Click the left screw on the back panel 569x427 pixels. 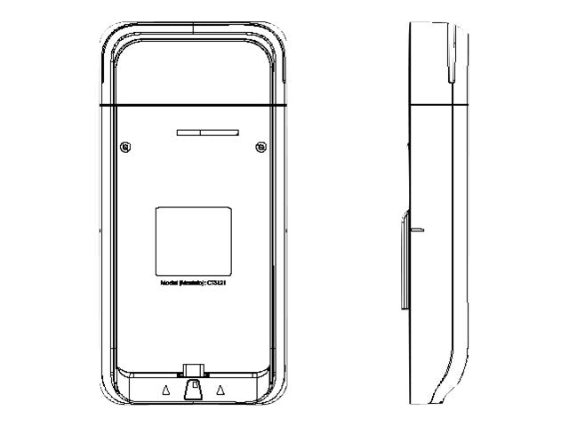click(x=126, y=147)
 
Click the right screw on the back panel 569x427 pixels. click(x=260, y=147)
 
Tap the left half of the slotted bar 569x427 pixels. click(x=188, y=132)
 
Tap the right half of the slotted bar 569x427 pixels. click(x=219, y=132)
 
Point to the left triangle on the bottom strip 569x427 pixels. click(x=165, y=390)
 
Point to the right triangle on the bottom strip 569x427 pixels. click(x=220, y=390)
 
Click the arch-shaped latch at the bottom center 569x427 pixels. click(x=193, y=390)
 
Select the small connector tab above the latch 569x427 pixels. click(x=193, y=368)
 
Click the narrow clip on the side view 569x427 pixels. click(x=405, y=258)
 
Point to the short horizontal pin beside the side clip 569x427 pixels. click(x=418, y=230)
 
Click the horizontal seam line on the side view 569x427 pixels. click(x=436, y=105)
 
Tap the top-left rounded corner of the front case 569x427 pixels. click(x=108, y=36)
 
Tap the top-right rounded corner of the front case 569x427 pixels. click(x=279, y=36)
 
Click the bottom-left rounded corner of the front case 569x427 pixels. click(x=108, y=395)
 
